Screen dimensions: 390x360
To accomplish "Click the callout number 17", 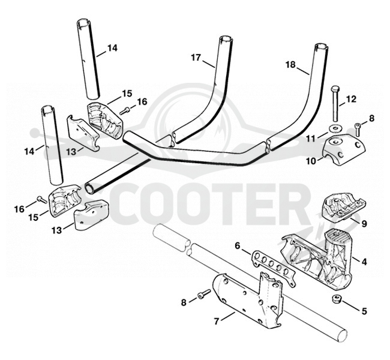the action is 196,58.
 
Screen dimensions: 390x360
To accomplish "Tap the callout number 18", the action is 290,65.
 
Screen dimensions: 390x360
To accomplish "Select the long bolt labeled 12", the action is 335,103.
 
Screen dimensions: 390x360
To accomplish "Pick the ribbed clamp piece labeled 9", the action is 343,205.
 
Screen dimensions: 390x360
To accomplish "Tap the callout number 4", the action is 364,262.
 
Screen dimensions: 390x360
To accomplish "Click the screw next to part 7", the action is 204,293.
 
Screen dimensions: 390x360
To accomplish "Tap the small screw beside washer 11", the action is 358,130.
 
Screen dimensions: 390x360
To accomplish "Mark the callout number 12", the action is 351,99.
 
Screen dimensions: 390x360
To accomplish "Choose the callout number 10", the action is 311,161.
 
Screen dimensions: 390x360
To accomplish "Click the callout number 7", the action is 217,322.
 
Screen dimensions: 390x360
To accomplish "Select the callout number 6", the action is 238,246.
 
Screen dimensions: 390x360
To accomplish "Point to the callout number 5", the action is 364,311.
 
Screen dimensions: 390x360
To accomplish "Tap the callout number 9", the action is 364,224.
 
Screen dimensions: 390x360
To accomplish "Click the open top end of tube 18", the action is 321,46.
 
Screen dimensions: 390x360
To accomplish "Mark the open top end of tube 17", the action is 226,39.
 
